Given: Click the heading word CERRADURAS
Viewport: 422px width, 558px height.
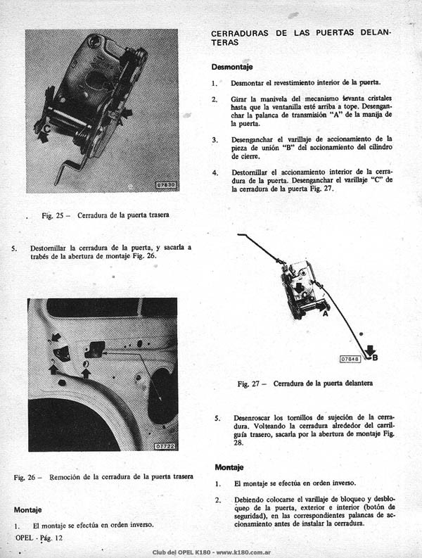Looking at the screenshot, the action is (x=239, y=33).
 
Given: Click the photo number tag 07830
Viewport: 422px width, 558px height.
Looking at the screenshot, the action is (x=166, y=185).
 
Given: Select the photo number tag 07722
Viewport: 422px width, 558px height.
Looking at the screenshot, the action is (x=165, y=446).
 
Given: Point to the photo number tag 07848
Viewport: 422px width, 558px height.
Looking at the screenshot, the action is (x=350, y=359).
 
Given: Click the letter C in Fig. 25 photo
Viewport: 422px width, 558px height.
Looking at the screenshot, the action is (x=46, y=129).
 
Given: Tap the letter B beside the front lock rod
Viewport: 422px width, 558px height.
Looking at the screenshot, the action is (x=375, y=357).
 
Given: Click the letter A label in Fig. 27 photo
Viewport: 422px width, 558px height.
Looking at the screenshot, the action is (x=325, y=314).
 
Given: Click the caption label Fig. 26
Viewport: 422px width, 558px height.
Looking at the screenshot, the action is (x=25, y=477).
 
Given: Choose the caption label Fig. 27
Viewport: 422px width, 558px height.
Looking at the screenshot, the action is (x=248, y=384).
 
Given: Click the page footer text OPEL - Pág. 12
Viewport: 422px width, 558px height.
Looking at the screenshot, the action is (x=39, y=538).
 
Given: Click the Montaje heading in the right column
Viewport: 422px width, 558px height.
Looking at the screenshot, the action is (x=229, y=467).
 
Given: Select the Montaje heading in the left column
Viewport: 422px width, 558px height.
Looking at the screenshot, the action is (x=27, y=510).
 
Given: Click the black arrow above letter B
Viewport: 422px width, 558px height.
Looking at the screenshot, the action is (x=370, y=350).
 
